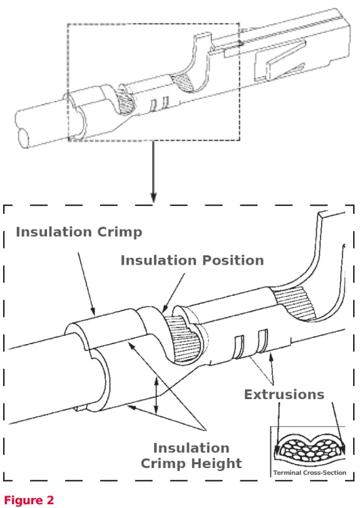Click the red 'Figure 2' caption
pyautogui.click(x=29, y=499)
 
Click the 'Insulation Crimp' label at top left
pyautogui.click(x=79, y=232)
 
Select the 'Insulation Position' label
pyautogui.click(x=192, y=260)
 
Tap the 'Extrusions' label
pyautogui.click(x=284, y=394)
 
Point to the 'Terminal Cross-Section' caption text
pyautogui.click(x=309, y=472)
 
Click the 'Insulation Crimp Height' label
pyautogui.click(x=191, y=455)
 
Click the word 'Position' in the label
pyautogui.click(x=227, y=260)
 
